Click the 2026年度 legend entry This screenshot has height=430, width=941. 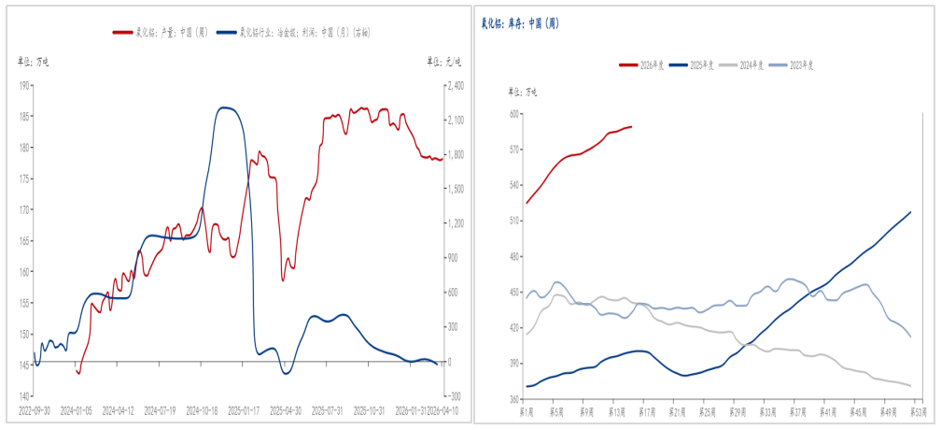[645, 64]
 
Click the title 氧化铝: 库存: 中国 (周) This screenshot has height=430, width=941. [520, 22]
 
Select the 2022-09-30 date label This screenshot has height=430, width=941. [35, 410]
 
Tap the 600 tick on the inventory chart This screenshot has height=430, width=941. [513, 113]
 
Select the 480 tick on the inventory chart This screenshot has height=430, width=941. [513, 256]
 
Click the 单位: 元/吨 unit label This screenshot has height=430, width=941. [444, 62]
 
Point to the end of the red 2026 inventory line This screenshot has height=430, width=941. [631, 126]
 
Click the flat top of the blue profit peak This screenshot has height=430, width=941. [227, 107]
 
